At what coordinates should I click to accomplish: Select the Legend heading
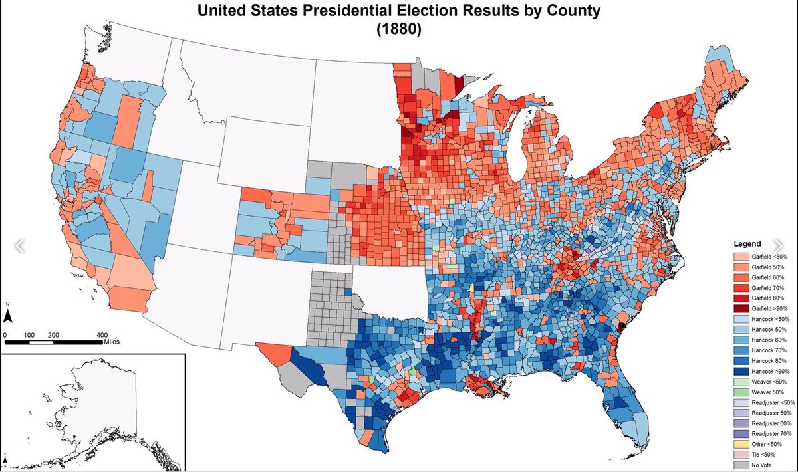747,243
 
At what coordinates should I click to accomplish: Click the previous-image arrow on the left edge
19,245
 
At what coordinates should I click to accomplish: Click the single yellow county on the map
472,288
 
